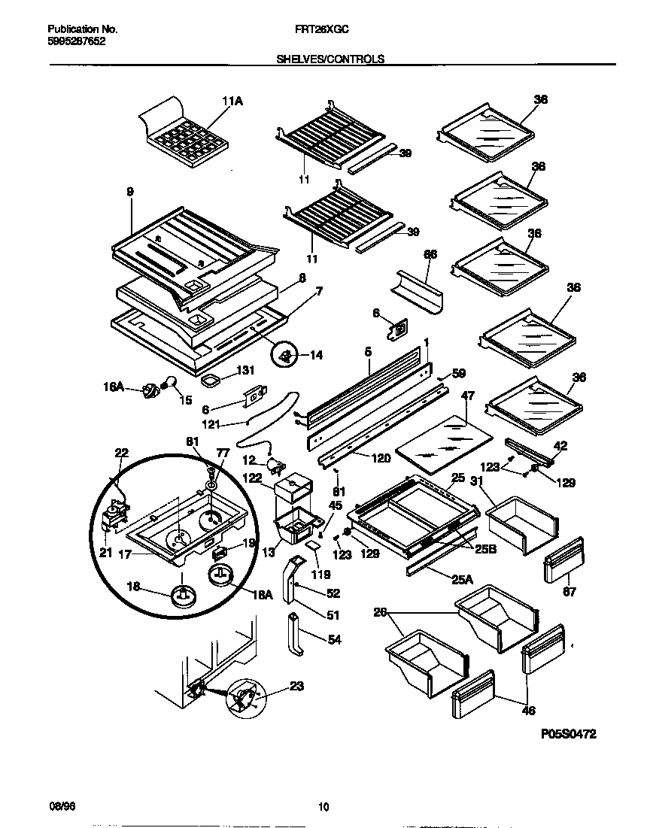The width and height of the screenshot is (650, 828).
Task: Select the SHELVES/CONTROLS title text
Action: pos(324,59)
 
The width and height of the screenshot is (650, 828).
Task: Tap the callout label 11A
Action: pos(232,102)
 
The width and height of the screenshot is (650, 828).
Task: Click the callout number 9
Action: pos(130,192)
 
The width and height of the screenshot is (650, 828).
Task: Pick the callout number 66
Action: pos(430,255)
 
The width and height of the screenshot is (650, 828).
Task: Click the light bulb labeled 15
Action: pos(171,384)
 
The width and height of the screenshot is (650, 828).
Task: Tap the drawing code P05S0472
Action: pos(568,735)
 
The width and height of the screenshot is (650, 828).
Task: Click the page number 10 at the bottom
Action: pos(323,808)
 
